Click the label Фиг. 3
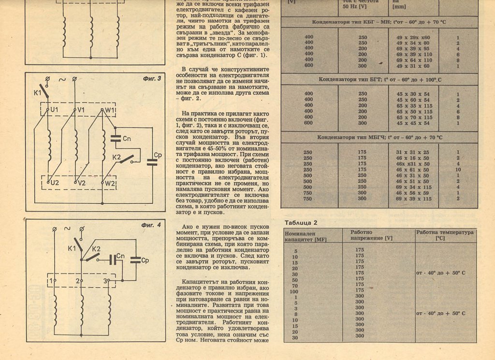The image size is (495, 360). point(151,78)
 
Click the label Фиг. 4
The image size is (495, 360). point(151,225)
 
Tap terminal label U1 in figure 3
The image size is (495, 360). point(54,110)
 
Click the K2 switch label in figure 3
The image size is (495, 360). point(116,157)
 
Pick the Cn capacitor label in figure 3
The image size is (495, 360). point(127,139)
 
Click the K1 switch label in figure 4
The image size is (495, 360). point(72,248)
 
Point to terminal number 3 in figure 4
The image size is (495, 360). point(106,280)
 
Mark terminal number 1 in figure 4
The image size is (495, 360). point(50,280)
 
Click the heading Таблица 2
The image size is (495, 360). point(301,223)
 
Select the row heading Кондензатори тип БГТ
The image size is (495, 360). point(379,79)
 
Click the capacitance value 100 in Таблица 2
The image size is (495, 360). point(294,291)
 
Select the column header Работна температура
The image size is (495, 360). point(445,235)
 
